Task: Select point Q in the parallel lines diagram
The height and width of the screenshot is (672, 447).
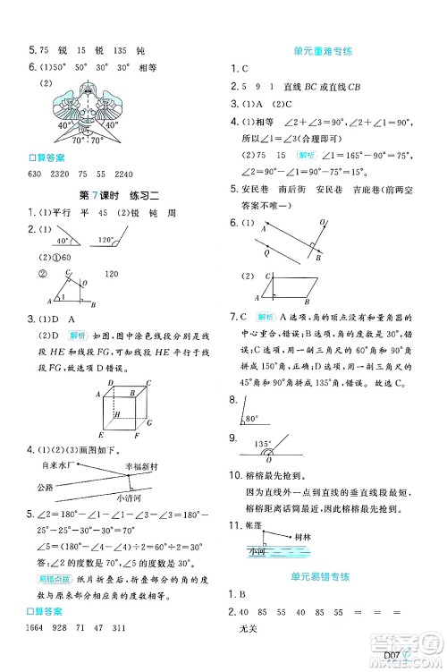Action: (262, 251)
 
